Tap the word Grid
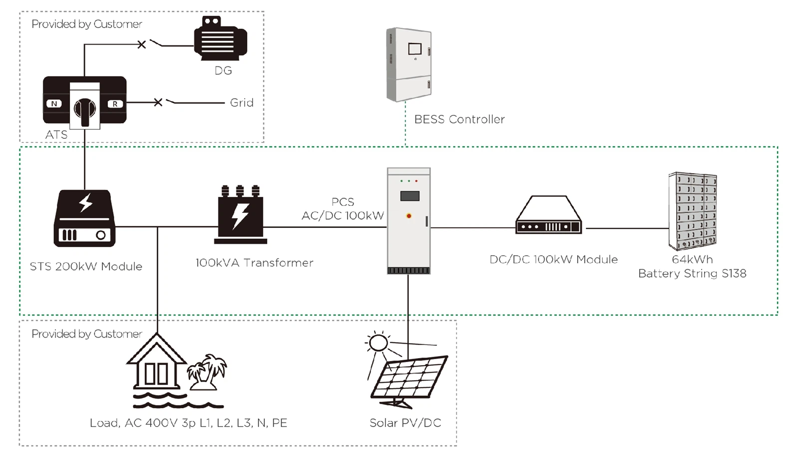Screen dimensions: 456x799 [x=242, y=103]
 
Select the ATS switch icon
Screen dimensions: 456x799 [x=84, y=102]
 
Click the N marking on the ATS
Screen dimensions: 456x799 [x=54, y=104]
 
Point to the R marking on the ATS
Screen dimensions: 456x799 [x=115, y=104]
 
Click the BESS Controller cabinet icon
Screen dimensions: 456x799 [x=409, y=65]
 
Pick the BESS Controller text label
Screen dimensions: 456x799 [x=459, y=119]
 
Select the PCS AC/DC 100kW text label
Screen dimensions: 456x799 [x=343, y=209]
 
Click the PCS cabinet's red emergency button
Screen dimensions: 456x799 [x=409, y=216]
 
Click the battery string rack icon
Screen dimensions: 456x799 [x=693, y=211]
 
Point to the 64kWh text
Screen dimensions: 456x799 [x=692, y=259]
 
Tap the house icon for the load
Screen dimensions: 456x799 [x=156, y=362]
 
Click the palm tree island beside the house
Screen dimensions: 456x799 [x=207, y=372]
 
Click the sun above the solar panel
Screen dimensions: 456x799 [x=378, y=343]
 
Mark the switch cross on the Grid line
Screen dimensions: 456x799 [x=158, y=102]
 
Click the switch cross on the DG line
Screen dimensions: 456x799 [x=142, y=45]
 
